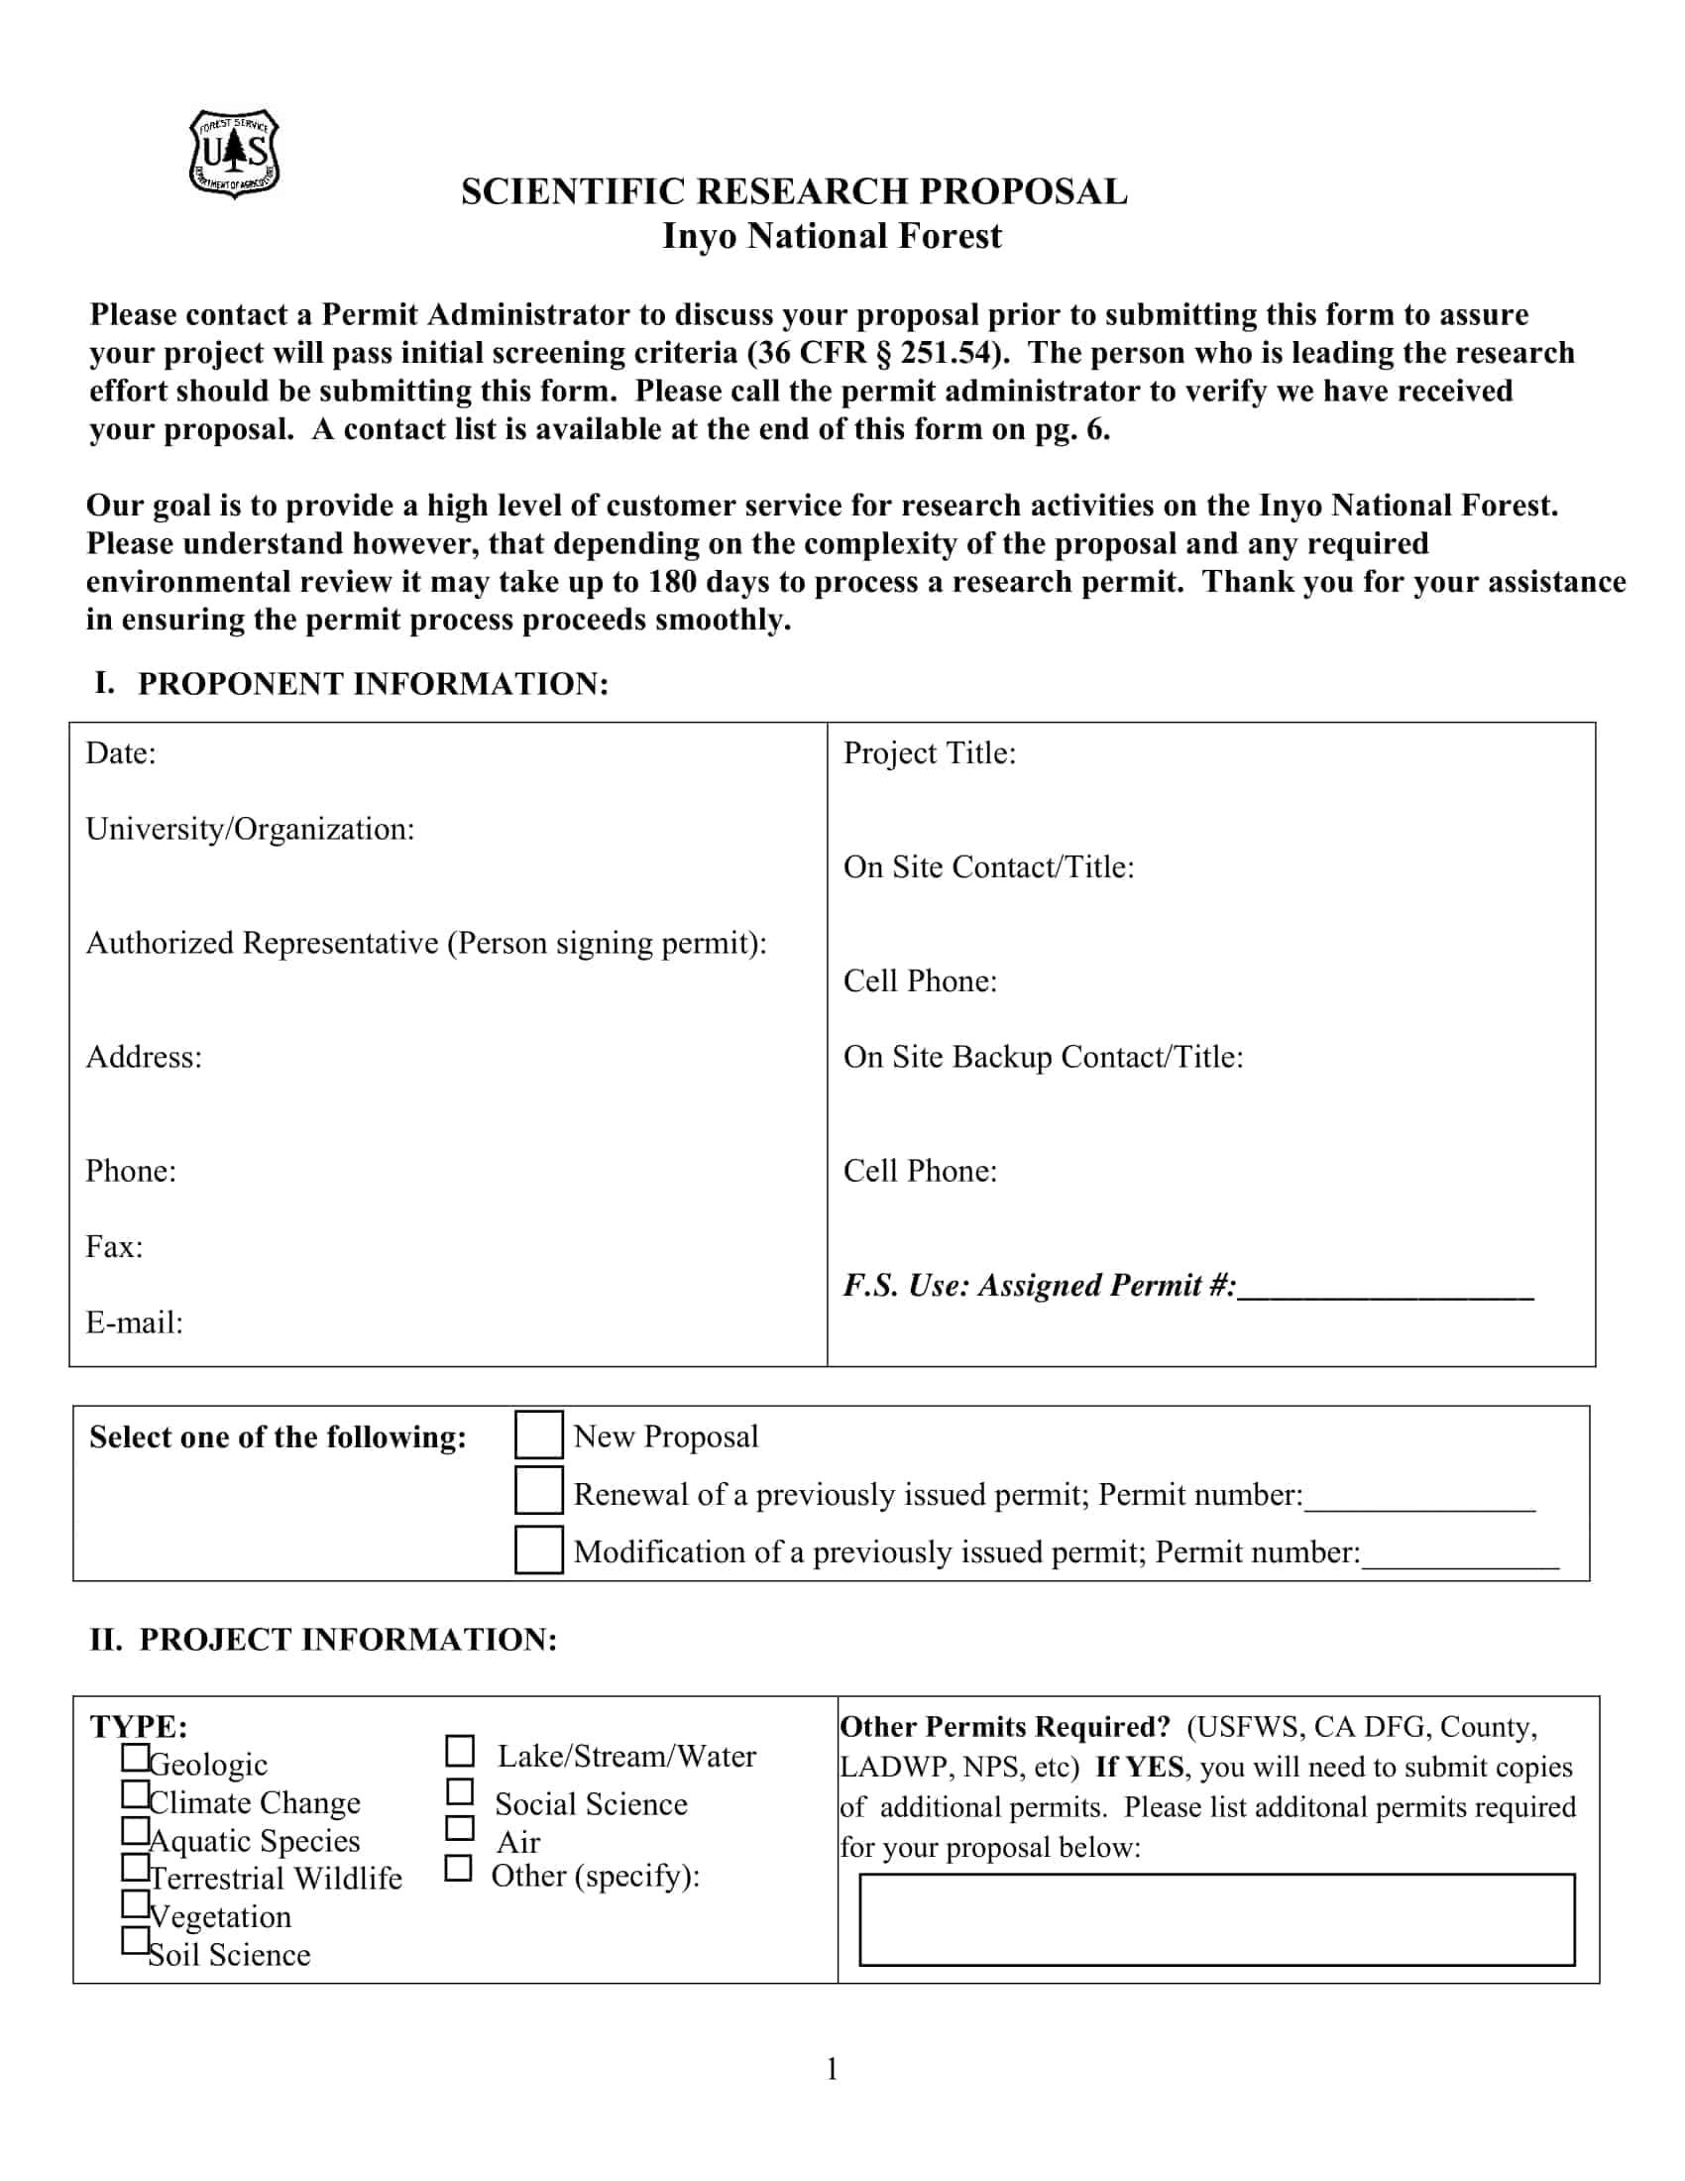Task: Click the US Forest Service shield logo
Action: pos(234,154)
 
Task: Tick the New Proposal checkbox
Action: pos(538,1435)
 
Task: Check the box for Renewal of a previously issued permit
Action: pos(538,1491)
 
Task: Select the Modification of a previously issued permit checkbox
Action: pos(538,1549)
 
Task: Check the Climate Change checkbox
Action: pos(135,1794)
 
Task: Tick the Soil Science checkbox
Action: pos(135,1940)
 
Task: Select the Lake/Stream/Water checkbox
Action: pos(459,1751)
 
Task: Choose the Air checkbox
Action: pos(459,1827)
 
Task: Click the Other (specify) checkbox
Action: pos(457,1869)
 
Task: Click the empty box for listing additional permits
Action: pos(1216,1919)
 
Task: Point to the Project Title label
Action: pos(929,753)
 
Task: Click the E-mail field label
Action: pos(134,1322)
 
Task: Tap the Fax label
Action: pos(114,1246)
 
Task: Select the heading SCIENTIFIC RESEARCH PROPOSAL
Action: pos(794,191)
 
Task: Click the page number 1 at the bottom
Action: pos(832,2069)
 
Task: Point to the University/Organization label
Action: pos(250,829)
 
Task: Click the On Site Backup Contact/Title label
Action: pos(1042,1057)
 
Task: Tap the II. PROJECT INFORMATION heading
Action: pos(322,1640)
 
